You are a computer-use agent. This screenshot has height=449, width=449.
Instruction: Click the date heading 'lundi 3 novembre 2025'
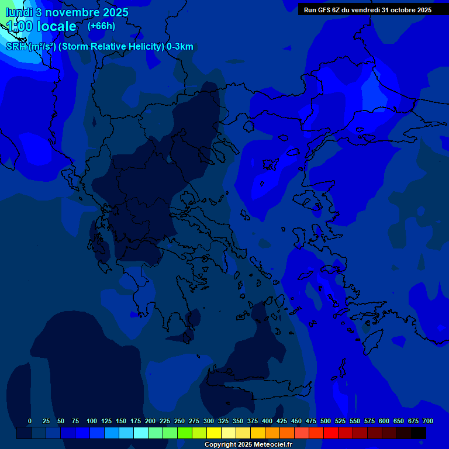pos(67,12)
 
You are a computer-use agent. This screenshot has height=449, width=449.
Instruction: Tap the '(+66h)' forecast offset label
pos(101,26)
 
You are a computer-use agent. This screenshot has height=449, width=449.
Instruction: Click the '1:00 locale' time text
pos(41,26)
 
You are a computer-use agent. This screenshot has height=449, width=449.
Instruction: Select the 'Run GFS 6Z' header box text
pos(368,9)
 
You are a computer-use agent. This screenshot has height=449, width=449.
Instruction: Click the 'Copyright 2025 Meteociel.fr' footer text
pos(248,445)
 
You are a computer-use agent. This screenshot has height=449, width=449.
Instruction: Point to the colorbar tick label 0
pos(30,421)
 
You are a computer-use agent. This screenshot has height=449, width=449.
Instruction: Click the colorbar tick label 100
pos(92,421)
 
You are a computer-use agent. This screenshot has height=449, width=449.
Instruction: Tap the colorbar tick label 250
pos(179,421)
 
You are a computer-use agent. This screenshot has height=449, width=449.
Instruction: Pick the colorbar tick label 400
pos(267,421)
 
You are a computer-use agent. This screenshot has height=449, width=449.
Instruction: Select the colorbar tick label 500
pos(326,421)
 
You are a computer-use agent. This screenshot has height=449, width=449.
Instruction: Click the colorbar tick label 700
pos(428,421)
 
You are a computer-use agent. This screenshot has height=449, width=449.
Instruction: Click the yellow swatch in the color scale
pos(214,433)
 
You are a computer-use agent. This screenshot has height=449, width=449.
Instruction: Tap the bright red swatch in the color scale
pos(331,433)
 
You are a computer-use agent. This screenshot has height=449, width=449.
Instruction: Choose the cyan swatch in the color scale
pos(141,433)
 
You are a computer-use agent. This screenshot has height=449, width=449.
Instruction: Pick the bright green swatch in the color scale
pos(185,433)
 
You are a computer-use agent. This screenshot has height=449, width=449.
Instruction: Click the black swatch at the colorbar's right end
pos(419,433)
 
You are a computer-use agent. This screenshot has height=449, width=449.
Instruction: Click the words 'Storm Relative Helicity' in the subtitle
pos(111,47)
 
